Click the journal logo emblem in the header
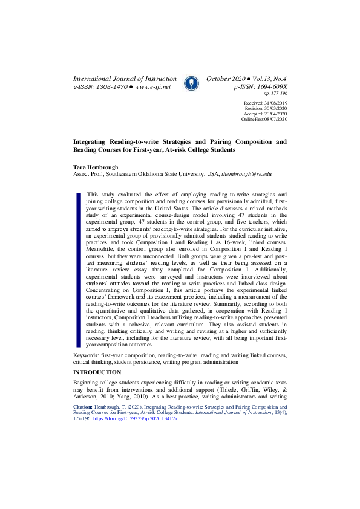coord(190,83)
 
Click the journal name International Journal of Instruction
coord(125,79)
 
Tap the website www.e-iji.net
coord(153,87)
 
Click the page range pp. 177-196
coord(275,94)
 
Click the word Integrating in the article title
coord(92,141)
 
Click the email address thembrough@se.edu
coord(247,173)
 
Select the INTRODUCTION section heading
coord(97,372)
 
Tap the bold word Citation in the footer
coord(82,408)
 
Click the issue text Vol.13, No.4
coord(266,79)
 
